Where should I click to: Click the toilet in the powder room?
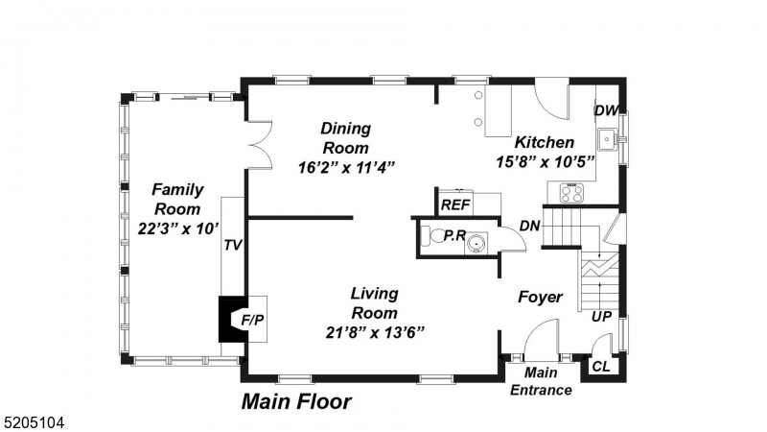pyautogui.click(x=430, y=235)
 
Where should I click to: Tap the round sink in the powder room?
pyautogui.click(x=476, y=243)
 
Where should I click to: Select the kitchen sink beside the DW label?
pyautogui.click(x=608, y=139)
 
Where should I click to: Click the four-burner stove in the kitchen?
pyautogui.click(x=571, y=193)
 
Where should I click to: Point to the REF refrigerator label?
pyautogui.click(x=455, y=204)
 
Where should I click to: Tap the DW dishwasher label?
pyautogui.click(x=606, y=110)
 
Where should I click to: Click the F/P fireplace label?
pyautogui.click(x=252, y=320)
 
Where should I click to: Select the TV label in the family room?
pyautogui.click(x=233, y=245)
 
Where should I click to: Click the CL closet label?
pyautogui.click(x=601, y=367)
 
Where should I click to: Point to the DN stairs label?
pyautogui.click(x=530, y=226)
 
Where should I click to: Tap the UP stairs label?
pyautogui.click(x=601, y=317)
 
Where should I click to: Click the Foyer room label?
pyautogui.click(x=540, y=297)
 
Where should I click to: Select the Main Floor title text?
pyautogui.click(x=296, y=401)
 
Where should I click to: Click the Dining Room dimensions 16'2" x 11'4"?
pyautogui.click(x=346, y=168)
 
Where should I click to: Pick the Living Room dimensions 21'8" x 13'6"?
pyautogui.click(x=375, y=332)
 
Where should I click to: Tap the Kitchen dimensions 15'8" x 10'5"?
pyautogui.click(x=545, y=161)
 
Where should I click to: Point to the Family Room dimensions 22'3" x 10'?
pyautogui.click(x=178, y=228)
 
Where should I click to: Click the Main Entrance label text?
pyautogui.click(x=541, y=381)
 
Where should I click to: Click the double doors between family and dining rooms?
pyautogui.click(x=260, y=145)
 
